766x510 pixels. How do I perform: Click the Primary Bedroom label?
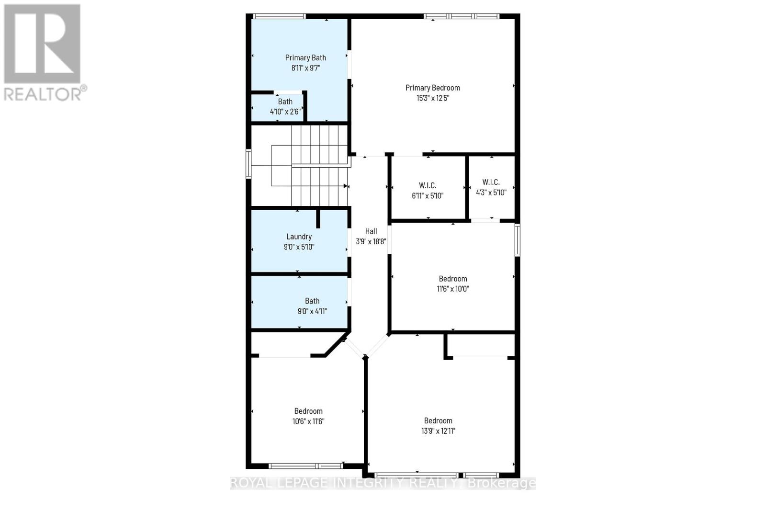(432, 88)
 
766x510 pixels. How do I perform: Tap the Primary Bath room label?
(305, 57)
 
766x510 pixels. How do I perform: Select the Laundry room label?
(299, 237)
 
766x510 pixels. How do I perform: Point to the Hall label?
(371, 231)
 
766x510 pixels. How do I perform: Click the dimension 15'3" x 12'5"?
(432, 98)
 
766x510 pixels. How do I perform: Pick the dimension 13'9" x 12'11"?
(438, 431)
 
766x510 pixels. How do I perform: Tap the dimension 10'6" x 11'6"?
(308, 421)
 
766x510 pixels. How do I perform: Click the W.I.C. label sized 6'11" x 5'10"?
(428, 185)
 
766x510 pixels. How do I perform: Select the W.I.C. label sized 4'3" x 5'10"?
(491, 182)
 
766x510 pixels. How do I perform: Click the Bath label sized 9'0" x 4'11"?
(312, 301)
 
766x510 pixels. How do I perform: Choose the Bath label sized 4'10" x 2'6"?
(285, 102)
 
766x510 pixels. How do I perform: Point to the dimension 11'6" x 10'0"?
(452, 289)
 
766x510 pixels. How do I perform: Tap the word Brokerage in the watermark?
(501, 483)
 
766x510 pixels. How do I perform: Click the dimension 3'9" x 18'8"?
(371, 242)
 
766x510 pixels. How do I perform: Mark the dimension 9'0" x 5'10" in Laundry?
(299, 247)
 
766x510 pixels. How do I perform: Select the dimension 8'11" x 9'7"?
(305, 68)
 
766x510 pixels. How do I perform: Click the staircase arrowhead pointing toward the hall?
(345, 186)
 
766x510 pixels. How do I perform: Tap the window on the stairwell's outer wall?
(248, 164)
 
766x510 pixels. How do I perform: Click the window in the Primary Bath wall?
(279, 16)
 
